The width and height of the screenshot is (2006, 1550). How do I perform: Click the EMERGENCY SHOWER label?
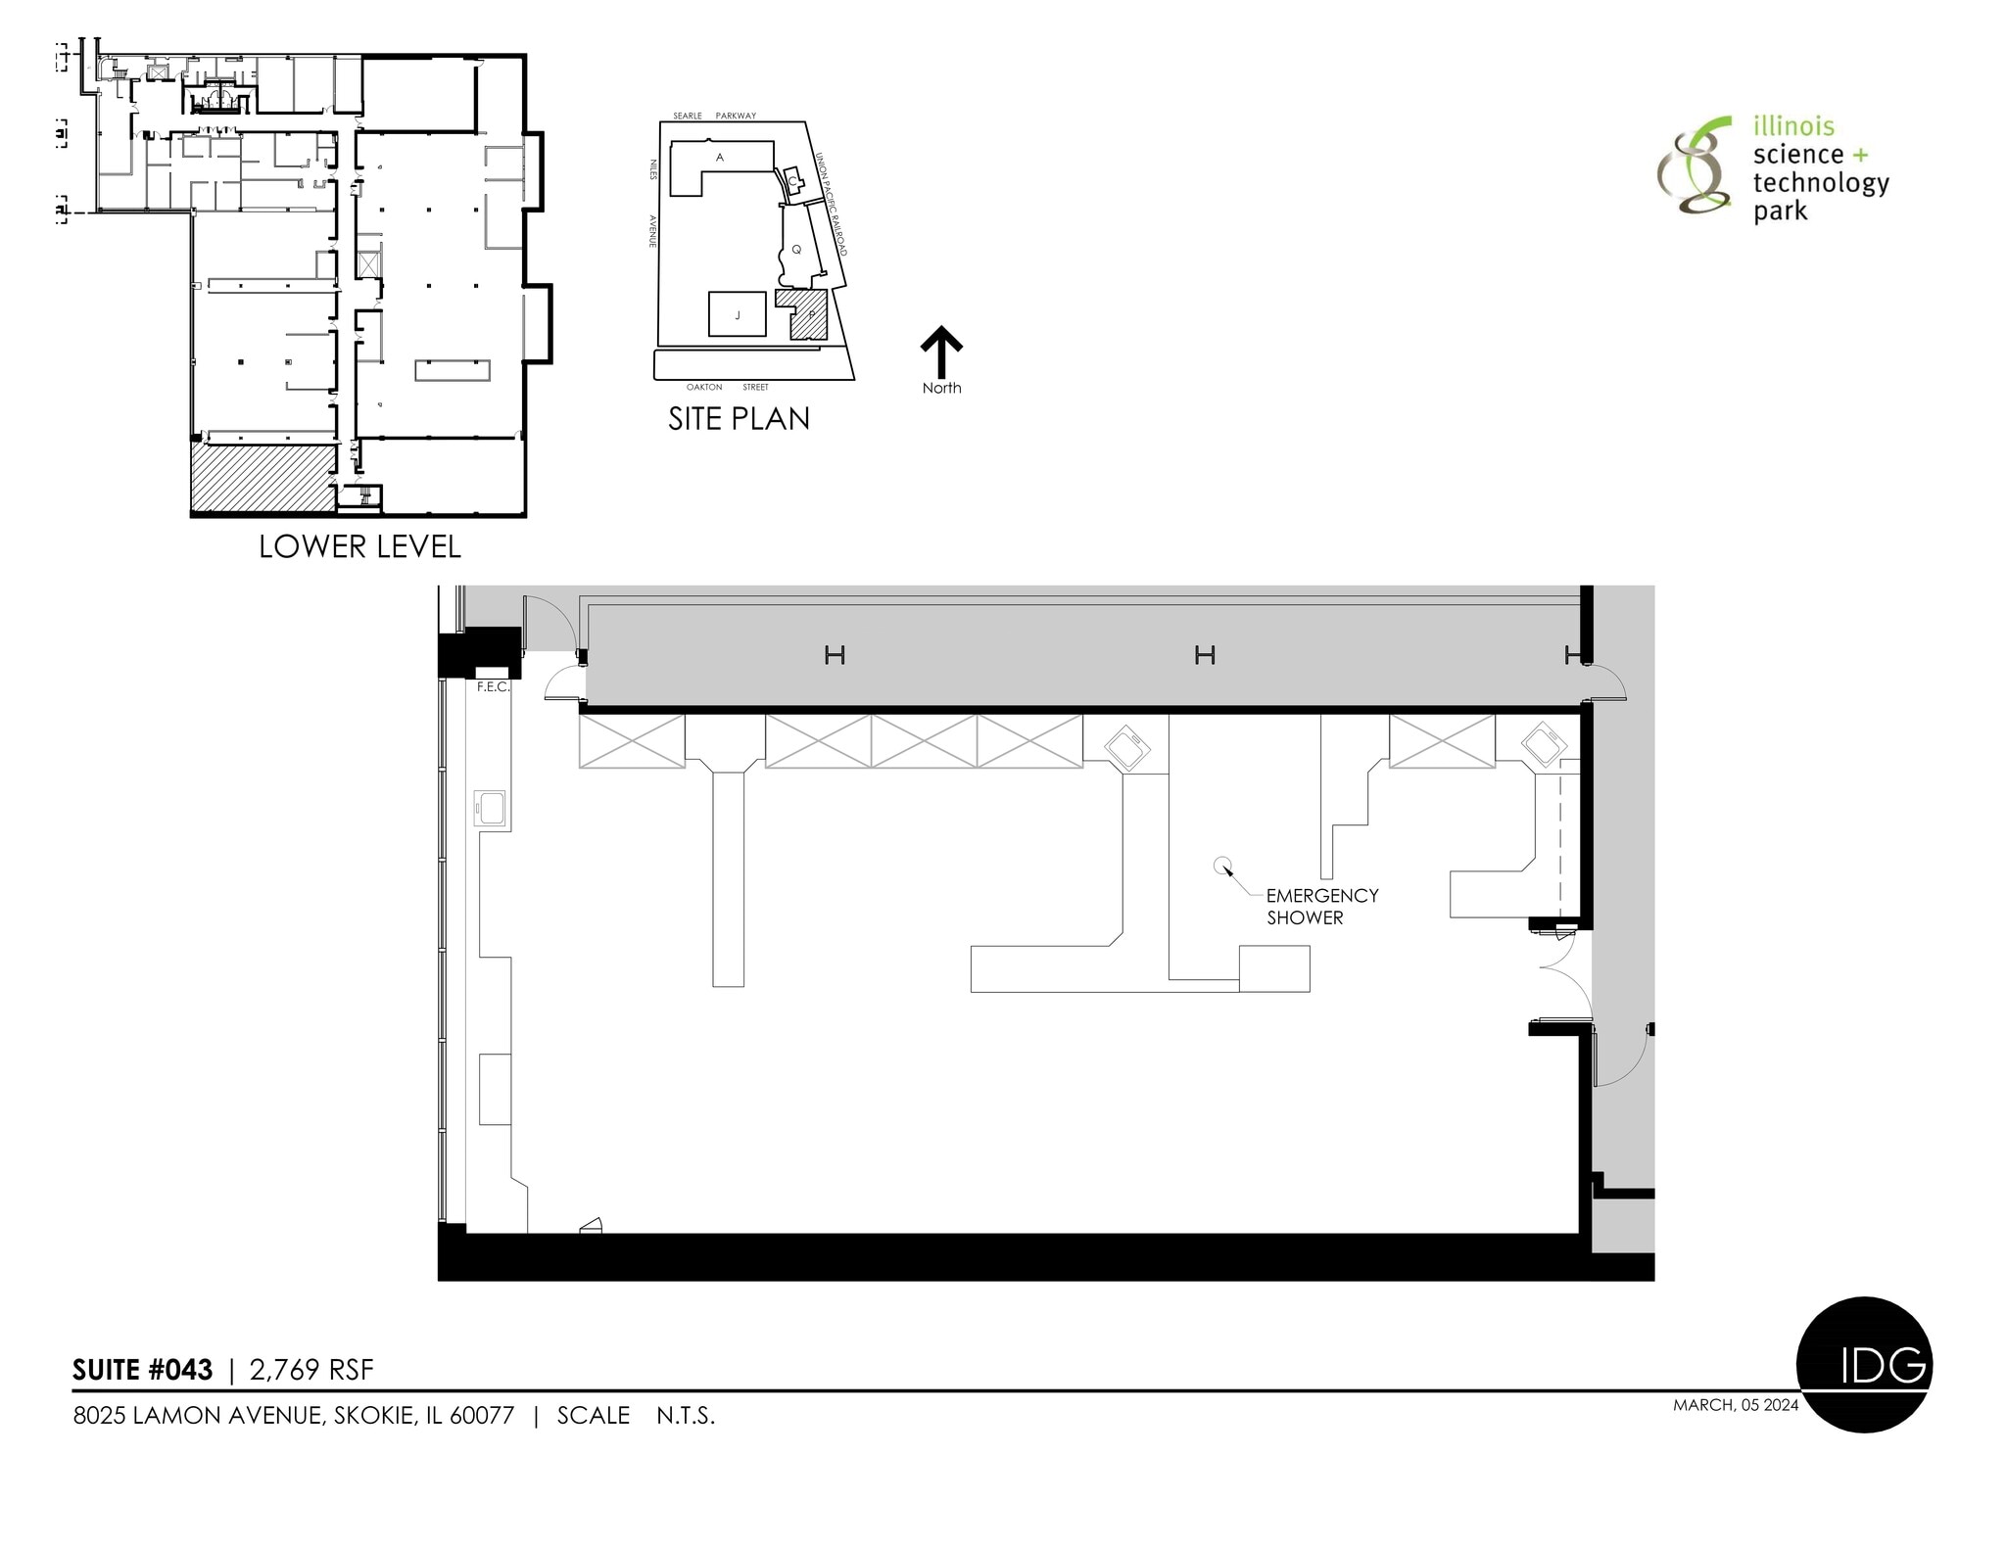coord(1320,906)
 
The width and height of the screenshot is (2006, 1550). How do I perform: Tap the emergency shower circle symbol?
coord(1220,865)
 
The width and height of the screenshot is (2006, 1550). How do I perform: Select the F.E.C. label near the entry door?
coord(493,687)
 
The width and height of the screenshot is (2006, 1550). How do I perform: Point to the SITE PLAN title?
coord(739,419)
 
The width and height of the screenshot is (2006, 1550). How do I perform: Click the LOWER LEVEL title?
coord(359,546)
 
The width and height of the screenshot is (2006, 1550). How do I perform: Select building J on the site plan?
coord(737,314)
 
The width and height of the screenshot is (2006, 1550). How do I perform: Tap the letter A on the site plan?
coord(720,158)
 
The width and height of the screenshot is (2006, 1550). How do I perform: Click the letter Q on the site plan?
coord(796,250)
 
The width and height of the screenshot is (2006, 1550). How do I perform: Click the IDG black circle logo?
coord(1864,1365)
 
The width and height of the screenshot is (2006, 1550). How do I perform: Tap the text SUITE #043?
coord(143,1370)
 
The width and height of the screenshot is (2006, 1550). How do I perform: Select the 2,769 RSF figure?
coord(311,1370)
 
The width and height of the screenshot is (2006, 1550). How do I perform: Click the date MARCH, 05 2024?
coord(1736,1405)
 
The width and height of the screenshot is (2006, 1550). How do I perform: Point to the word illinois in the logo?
coord(1793,126)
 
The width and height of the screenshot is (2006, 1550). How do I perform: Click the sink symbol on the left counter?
coord(490,809)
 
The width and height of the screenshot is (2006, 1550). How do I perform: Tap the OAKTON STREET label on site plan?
coord(727,388)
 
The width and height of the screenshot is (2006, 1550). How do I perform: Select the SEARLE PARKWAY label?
coord(714,116)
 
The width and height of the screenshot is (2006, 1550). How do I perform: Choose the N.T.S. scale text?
coord(686,1416)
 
